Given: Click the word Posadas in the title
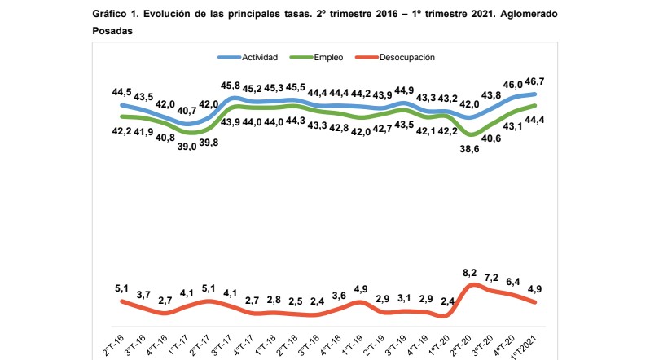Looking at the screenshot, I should point(112,30).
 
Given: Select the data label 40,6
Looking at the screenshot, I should point(491,138).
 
